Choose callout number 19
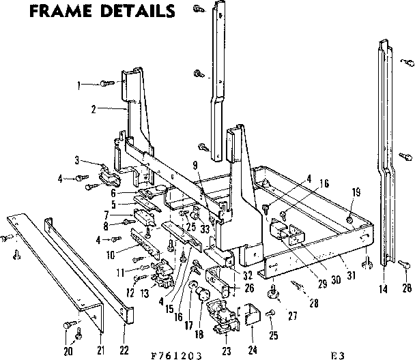354,193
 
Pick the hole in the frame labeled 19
349,220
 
